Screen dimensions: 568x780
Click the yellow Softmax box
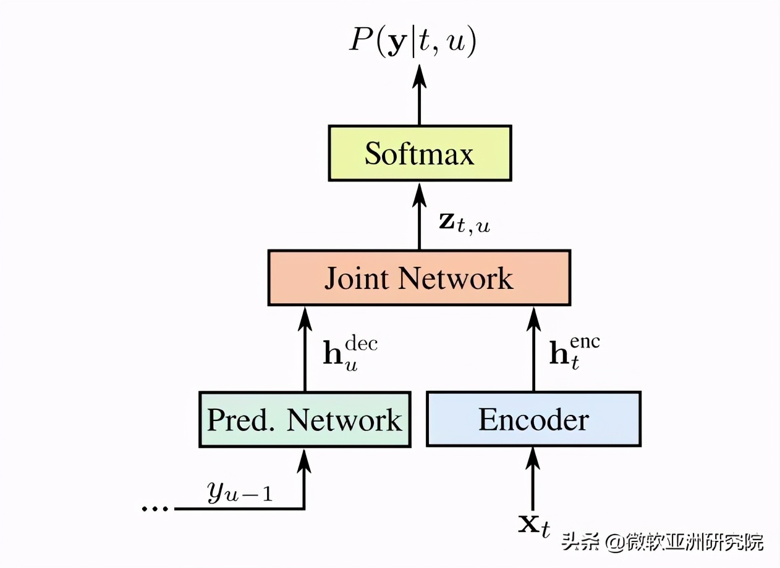420,153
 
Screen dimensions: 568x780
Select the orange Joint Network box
419,278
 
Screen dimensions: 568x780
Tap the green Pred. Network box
305,420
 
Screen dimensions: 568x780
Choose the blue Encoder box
533,420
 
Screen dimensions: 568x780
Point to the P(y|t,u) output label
413,42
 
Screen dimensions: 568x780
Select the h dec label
350,353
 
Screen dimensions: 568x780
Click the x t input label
533,526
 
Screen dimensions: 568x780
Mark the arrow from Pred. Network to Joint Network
305,349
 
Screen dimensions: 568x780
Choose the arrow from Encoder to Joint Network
533,349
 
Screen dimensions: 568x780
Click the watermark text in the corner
663,543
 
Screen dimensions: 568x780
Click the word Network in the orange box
456,278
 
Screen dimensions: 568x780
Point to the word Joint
357,278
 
